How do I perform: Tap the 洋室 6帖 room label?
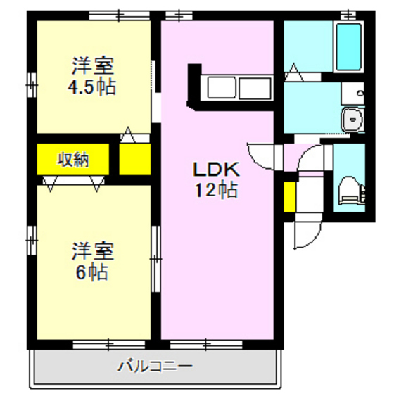[x=92, y=261]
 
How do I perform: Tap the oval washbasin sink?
[x=351, y=120]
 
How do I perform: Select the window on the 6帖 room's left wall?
[x=32, y=239]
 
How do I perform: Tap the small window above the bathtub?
[x=348, y=14]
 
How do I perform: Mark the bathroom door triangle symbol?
[x=293, y=70]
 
